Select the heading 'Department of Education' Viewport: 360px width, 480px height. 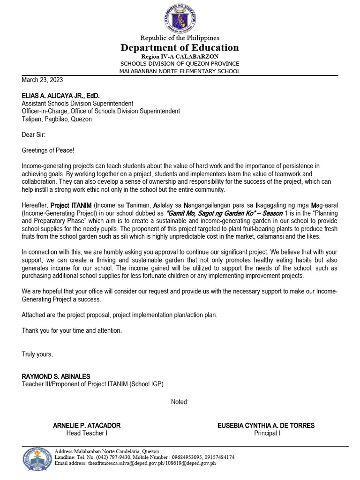point(180,47)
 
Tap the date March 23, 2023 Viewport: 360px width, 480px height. point(42,80)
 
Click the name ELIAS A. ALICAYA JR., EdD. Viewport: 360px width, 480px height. point(60,95)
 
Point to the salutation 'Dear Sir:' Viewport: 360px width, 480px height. point(33,135)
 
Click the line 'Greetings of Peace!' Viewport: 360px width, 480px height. point(48,150)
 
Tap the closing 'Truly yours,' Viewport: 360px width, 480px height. point(37,354)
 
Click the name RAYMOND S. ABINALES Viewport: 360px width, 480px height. point(56,376)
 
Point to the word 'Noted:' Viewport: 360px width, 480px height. point(180,402)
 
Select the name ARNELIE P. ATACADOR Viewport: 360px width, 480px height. point(87,425)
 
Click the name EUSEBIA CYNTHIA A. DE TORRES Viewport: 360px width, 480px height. point(266,425)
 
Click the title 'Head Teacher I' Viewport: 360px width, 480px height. point(87,433)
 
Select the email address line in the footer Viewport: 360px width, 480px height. point(135,463)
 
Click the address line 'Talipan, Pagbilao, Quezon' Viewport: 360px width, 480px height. point(57,119)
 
